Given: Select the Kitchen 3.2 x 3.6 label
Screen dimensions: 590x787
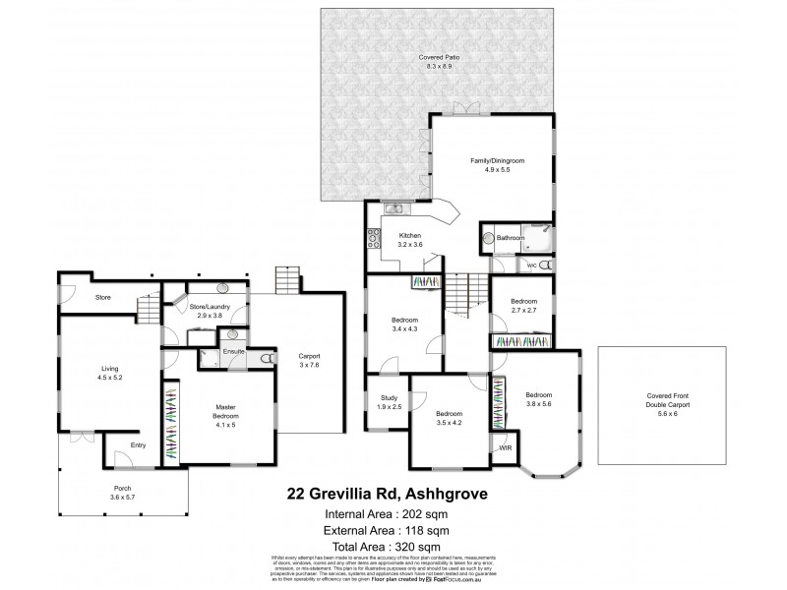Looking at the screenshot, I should pyautogui.click(x=410, y=240).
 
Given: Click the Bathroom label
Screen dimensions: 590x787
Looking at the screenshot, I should pyautogui.click(x=510, y=238).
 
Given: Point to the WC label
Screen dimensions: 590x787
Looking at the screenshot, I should pyautogui.click(x=531, y=265).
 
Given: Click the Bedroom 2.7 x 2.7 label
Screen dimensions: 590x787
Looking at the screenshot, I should pyautogui.click(x=523, y=306).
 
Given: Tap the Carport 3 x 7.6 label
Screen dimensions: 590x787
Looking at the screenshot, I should pyautogui.click(x=309, y=360).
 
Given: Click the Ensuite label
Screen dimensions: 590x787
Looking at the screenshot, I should pyautogui.click(x=234, y=351).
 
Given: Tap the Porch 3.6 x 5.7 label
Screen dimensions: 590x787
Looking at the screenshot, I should pyautogui.click(x=122, y=492).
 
